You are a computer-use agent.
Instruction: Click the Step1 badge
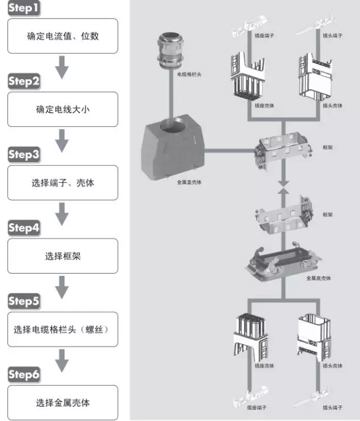24,9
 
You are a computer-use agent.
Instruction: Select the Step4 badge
24,229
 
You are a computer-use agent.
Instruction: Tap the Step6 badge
24,375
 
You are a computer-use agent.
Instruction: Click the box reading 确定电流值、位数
62,36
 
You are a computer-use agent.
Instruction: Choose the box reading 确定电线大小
62,110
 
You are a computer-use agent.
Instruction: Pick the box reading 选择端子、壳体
62,183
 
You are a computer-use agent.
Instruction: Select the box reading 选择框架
62,256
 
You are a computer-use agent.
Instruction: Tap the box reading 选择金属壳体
62,403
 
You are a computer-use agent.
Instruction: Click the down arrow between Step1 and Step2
62,68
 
